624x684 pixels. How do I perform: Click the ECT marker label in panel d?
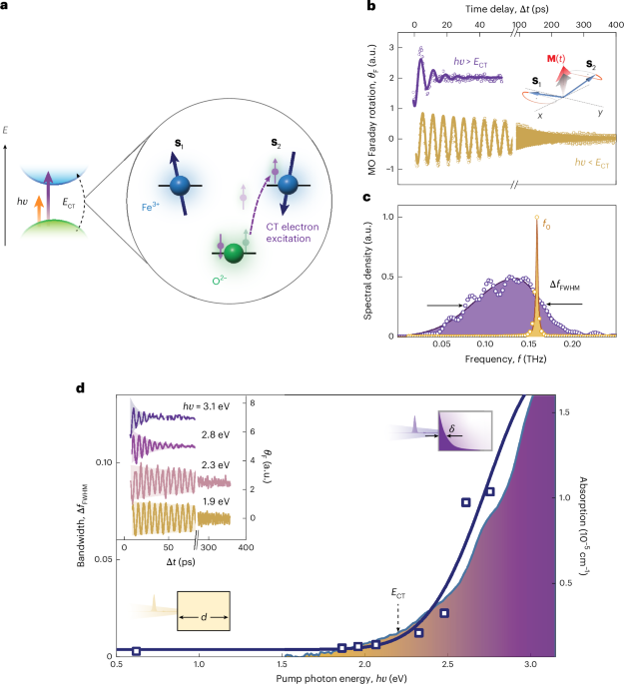click(x=398, y=594)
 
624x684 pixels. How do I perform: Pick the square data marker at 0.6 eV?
click(x=137, y=650)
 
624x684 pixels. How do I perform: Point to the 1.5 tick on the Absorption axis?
click(x=567, y=411)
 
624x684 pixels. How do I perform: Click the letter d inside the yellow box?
click(x=204, y=618)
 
